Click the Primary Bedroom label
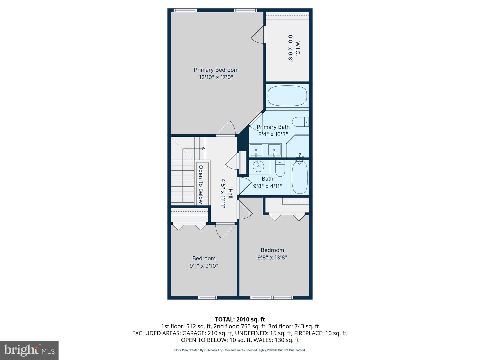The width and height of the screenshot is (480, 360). (x=216, y=70)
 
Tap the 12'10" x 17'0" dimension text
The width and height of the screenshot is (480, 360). (x=216, y=77)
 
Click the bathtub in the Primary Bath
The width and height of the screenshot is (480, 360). (x=287, y=96)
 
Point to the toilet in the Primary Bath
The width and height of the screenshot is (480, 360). (x=300, y=122)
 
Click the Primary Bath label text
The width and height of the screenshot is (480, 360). (x=273, y=127)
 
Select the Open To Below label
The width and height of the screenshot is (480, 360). (x=201, y=184)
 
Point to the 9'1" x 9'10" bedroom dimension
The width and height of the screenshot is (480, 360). (x=204, y=266)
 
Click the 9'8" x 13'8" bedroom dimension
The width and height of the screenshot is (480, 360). (x=272, y=257)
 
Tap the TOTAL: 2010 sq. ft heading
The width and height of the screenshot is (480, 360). (x=240, y=319)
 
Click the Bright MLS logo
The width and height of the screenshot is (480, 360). (x=29, y=350)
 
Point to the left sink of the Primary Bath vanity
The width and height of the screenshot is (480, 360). (x=256, y=150)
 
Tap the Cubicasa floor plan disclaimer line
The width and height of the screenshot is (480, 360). (x=240, y=350)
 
